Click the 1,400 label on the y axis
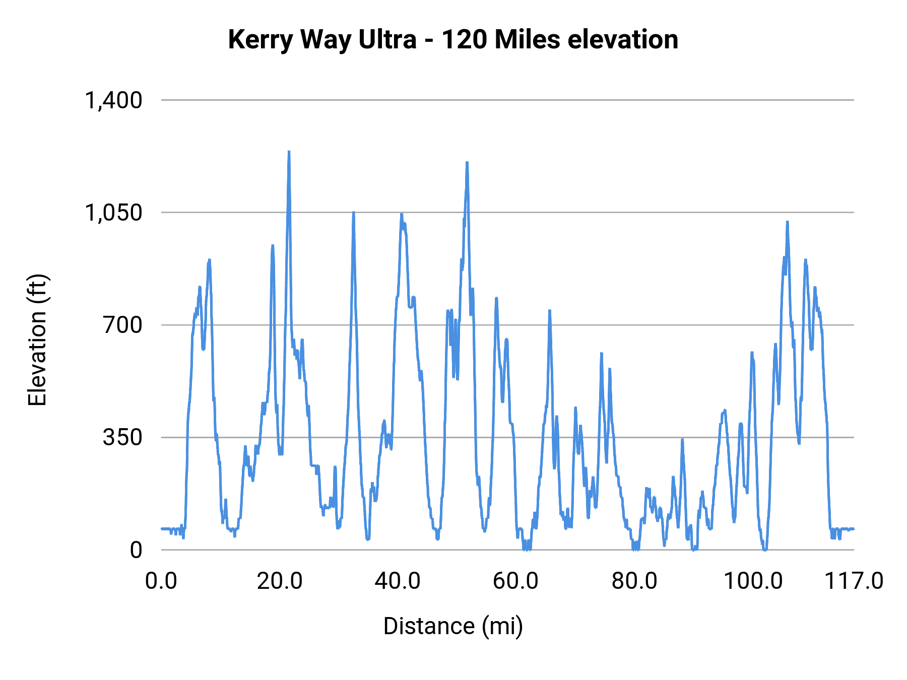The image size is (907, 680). tap(113, 100)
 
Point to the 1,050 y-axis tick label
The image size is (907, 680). tap(113, 213)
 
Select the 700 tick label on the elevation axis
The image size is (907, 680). tap(123, 325)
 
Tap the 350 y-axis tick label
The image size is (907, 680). tap(123, 437)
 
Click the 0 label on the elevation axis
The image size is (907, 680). tap(136, 550)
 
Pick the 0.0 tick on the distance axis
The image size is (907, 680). tap(161, 581)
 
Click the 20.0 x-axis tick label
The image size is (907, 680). tap(280, 581)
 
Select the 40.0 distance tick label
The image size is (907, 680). tap(398, 581)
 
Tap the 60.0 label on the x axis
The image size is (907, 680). tap(515, 581)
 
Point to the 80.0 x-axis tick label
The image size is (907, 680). tap(634, 581)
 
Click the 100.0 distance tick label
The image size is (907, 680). tap(753, 581)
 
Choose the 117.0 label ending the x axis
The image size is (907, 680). tap(854, 581)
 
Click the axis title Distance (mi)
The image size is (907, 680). tap(453, 626)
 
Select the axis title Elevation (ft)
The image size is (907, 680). tap(37, 340)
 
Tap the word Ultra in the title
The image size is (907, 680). tap(387, 40)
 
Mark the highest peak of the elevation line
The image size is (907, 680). tap(289, 152)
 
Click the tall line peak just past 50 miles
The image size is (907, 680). tap(467, 163)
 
